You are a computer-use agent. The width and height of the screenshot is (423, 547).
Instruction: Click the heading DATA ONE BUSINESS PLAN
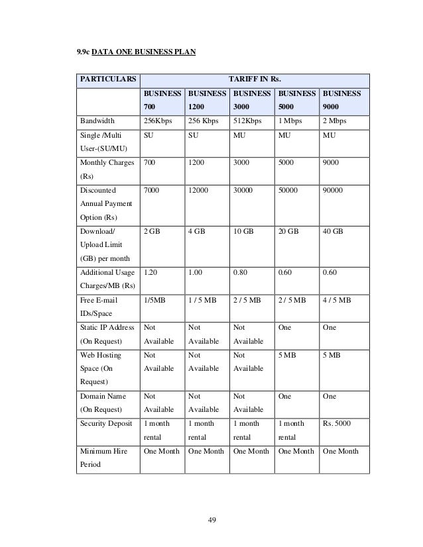143,50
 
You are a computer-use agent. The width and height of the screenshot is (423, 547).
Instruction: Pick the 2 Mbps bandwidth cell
335,121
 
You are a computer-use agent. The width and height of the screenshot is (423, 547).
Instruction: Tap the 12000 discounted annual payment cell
200,190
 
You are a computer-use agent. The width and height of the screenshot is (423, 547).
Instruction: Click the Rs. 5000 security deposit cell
337,423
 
